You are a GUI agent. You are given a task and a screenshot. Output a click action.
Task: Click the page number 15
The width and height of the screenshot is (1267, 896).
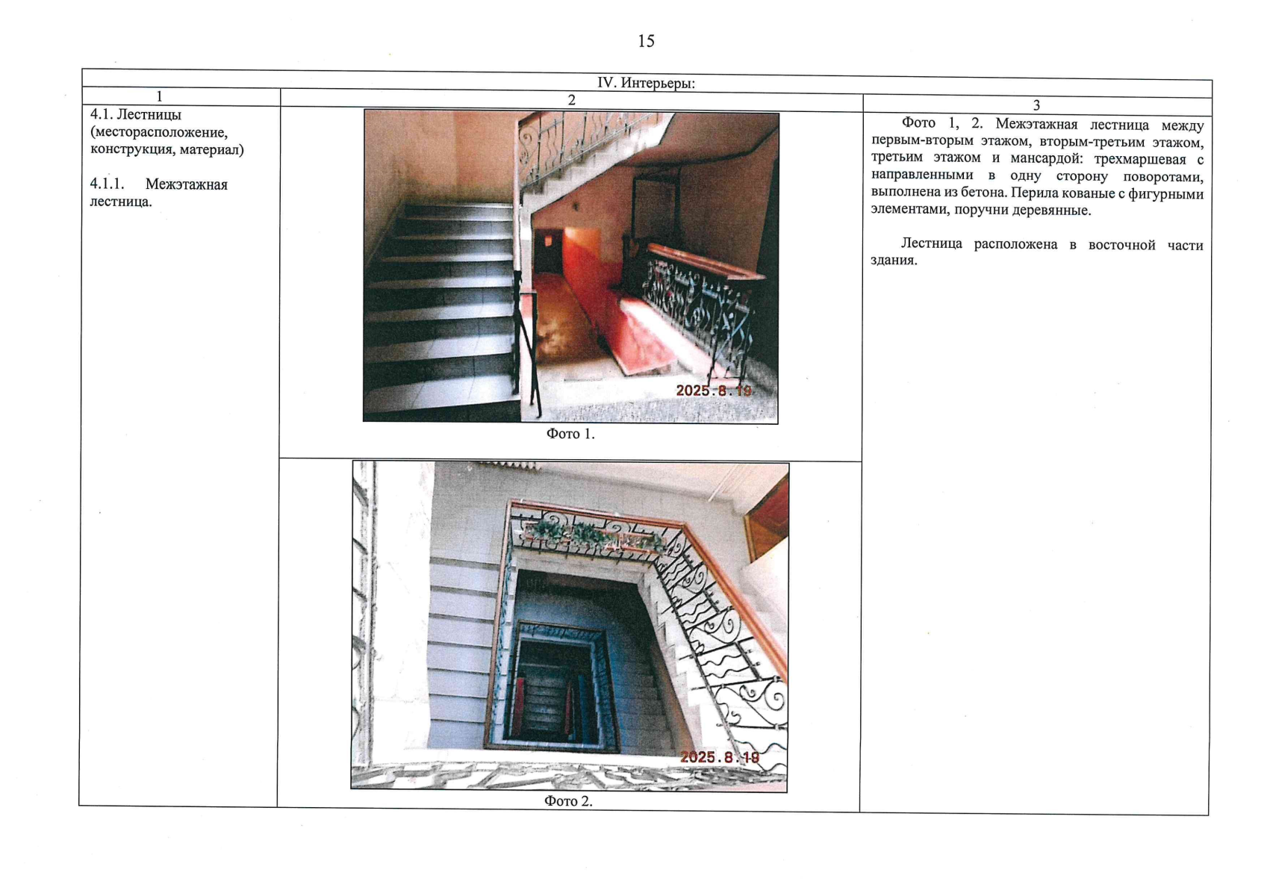646,41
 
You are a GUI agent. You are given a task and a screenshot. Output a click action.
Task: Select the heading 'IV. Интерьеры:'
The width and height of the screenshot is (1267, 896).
646,83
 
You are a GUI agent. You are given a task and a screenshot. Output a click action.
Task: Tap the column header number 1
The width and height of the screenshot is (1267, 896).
160,97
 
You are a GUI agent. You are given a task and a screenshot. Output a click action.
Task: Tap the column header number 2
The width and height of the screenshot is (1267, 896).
571,100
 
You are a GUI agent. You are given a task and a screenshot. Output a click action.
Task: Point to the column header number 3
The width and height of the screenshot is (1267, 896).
1036,105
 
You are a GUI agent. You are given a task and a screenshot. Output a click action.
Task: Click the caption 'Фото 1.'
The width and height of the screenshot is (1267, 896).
570,434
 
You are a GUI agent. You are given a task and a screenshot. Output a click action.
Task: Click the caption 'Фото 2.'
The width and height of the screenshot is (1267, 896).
568,801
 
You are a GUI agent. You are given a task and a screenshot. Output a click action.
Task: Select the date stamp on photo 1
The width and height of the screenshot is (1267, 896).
714,391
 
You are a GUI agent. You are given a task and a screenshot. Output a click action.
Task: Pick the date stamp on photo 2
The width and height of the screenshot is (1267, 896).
720,757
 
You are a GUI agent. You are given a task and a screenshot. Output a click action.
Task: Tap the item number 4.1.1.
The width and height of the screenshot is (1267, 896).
107,184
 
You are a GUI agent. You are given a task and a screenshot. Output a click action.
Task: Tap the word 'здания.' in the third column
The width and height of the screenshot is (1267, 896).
894,260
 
